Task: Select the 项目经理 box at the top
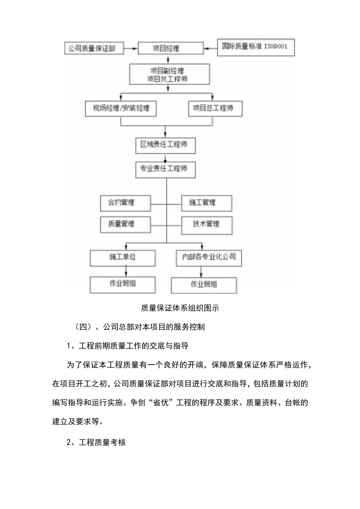[x=166, y=49]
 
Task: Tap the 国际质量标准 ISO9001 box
[x=256, y=47]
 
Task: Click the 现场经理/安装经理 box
[x=121, y=108]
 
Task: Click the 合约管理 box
[x=120, y=203]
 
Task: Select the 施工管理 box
[x=206, y=203]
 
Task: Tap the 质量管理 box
[x=120, y=224]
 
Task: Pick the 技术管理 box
[x=206, y=225]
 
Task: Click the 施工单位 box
[x=122, y=257]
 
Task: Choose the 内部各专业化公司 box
[x=209, y=257]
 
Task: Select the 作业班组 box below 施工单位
[x=122, y=284]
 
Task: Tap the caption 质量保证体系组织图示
[x=180, y=308]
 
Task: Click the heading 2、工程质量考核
[x=96, y=443]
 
